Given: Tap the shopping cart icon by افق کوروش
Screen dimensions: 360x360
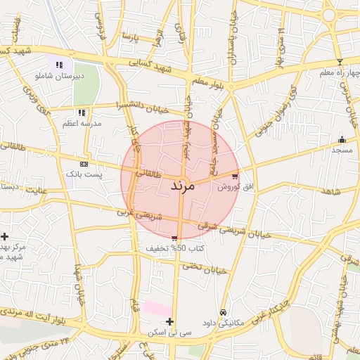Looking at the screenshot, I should [x=234, y=176].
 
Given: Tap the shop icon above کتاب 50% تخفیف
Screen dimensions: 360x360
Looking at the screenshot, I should [x=174, y=238].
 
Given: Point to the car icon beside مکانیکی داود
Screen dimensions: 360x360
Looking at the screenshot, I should [x=223, y=312].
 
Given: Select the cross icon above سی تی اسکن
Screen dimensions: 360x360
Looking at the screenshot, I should [x=169, y=321].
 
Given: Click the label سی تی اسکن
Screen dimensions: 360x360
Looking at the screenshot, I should [x=166, y=332].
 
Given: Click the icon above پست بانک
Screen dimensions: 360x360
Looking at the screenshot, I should [x=84, y=164].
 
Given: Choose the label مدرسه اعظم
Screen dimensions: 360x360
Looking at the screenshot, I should [x=82, y=123].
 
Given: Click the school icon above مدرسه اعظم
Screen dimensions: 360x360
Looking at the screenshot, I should [x=82, y=112].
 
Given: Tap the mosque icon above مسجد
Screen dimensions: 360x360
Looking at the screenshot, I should [x=342, y=139].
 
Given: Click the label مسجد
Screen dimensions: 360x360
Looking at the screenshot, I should [x=342, y=150].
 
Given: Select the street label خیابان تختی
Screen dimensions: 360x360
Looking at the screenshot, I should [x=205, y=268].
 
